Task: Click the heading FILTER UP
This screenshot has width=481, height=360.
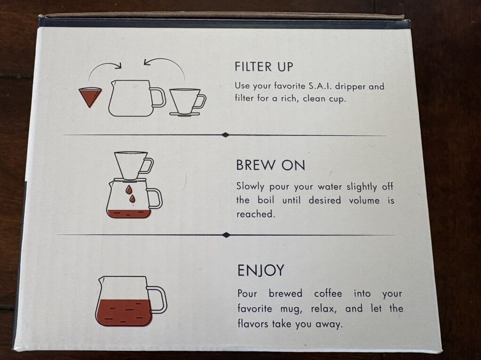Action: click(264, 66)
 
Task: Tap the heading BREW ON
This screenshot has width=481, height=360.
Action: click(271, 165)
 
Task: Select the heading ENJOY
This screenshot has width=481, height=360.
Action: click(261, 270)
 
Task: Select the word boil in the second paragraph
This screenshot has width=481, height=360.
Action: click(266, 200)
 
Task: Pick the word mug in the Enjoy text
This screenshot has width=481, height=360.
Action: click(291, 309)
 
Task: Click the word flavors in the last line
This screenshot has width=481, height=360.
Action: click(253, 324)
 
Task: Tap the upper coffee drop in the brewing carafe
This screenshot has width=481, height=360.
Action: click(129, 189)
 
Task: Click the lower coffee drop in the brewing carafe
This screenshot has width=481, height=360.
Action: click(132, 199)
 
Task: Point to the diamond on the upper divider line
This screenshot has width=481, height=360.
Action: click(225, 135)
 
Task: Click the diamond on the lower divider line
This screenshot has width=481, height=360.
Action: click(226, 235)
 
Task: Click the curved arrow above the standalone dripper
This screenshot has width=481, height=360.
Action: click(166, 61)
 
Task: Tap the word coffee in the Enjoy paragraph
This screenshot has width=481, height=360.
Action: click(328, 294)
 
